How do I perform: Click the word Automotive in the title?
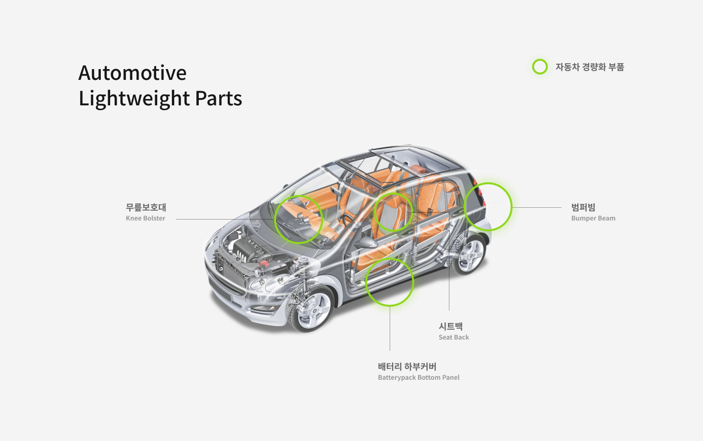point(132,73)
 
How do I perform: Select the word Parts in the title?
point(218,98)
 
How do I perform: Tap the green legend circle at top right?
point(539,67)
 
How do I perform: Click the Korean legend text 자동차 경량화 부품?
point(589,67)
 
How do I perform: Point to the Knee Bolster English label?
point(145,219)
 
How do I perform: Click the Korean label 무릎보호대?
point(146,207)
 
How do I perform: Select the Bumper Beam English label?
point(593,219)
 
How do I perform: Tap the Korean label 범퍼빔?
point(583,207)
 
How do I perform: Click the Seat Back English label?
point(453,338)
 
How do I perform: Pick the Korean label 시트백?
point(450,326)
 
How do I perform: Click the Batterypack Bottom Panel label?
point(419,378)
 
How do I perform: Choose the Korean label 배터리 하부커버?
point(407,367)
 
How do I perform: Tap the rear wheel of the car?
point(470,255)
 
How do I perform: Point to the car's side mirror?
point(368,242)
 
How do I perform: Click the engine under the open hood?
point(245,250)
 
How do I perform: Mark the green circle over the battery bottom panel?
point(390,282)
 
